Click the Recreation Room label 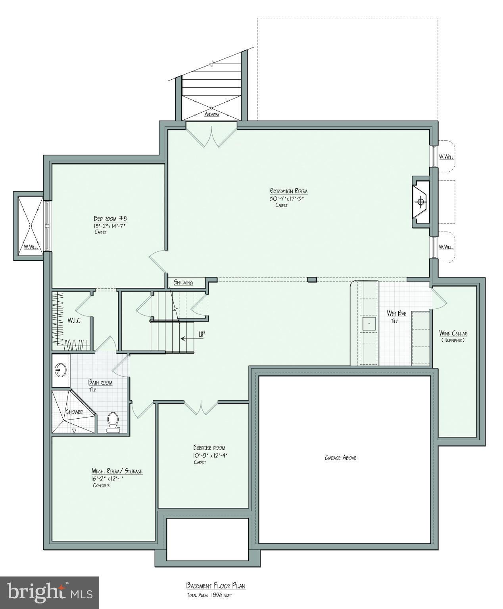[x=288, y=191]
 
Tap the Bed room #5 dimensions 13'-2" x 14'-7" [x=111, y=226]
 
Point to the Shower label [x=74, y=412]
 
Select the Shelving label [x=183, y=283]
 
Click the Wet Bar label [x=396, y=314]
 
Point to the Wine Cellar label [x=453, y=333]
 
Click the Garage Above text [x=340, y=458]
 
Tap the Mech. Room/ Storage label [x=117, y=471]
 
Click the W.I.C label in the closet [x=74, y=320]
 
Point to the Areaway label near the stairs [x=212, y=115]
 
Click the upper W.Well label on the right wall [x=446, y=157]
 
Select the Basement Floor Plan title [x=218, y=586]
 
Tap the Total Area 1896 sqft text [x=212, y=595]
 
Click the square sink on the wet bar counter [x=369, y=323]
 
